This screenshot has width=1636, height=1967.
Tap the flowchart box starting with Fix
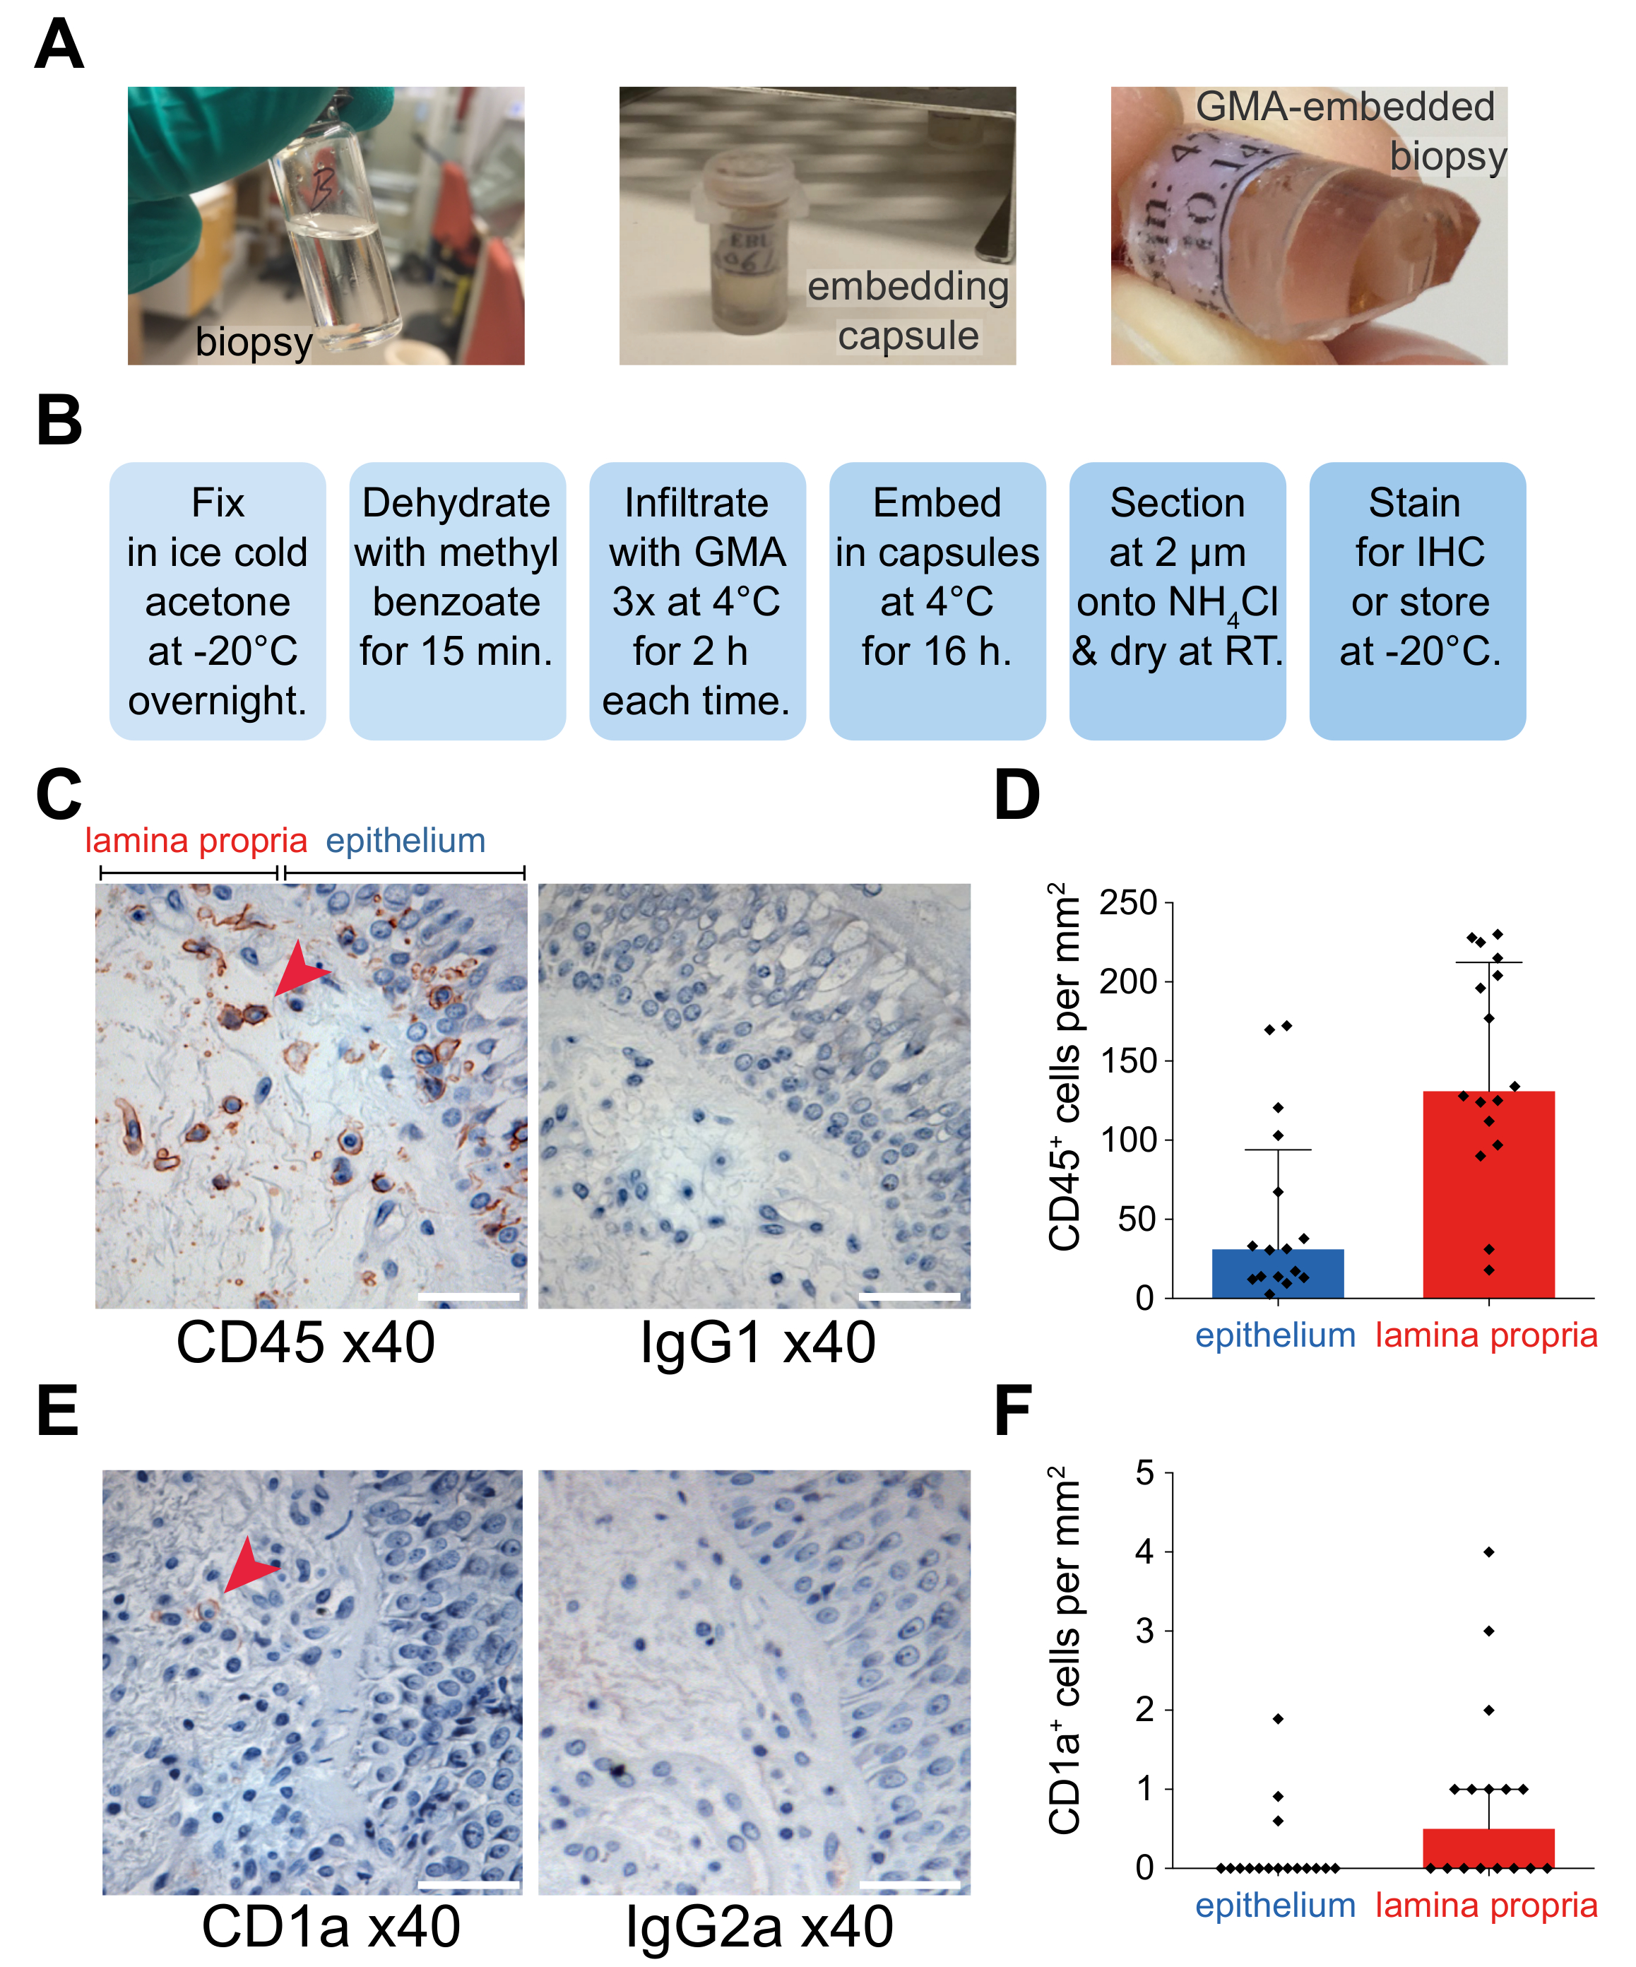click(218, 601)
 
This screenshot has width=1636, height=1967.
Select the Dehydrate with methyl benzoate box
click(457, 601)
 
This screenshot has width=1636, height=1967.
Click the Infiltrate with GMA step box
click(697, 601)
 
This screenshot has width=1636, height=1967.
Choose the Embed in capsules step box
click(937, 601)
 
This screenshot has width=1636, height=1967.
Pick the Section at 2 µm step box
click(1177, 601)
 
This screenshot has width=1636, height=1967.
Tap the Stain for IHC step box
click(1417, 601)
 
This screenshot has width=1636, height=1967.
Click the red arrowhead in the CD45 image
click(299, 969)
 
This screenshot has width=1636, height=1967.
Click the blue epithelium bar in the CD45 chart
click(1277, 1273)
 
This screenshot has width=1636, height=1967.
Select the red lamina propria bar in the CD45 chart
click(1488, 1194)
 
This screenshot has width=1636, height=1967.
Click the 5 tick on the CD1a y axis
click(1144, 1473)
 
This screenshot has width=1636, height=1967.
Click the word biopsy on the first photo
click(254, 342)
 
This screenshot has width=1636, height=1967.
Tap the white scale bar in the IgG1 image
click(908, 1296)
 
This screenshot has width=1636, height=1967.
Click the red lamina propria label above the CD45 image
click(196, 840)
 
